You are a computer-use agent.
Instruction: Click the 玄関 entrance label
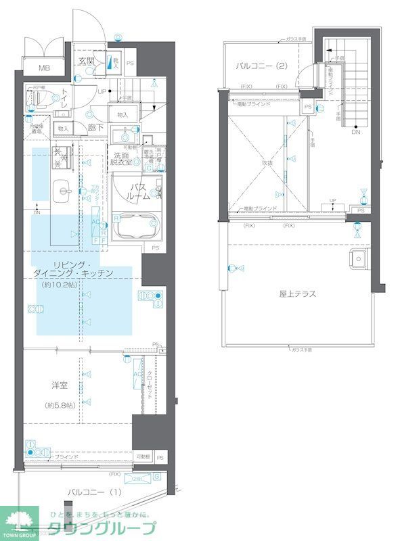pyautogui.click(x=87, y=62)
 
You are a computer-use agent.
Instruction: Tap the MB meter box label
pyautogui.click(x=44, y=68)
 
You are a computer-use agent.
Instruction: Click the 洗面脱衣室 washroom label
pyautogui.click(x=123, y=158)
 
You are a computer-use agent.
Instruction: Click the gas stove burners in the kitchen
pyautogui.click(x=150, y=298)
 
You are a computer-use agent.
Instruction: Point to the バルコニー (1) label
pyautogui.click(x=95, y=492)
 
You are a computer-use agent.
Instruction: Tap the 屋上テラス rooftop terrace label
pyautogui.click(x=298, y=293)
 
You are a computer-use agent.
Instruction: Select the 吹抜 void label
pyautogui.click(x=267, y=162)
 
